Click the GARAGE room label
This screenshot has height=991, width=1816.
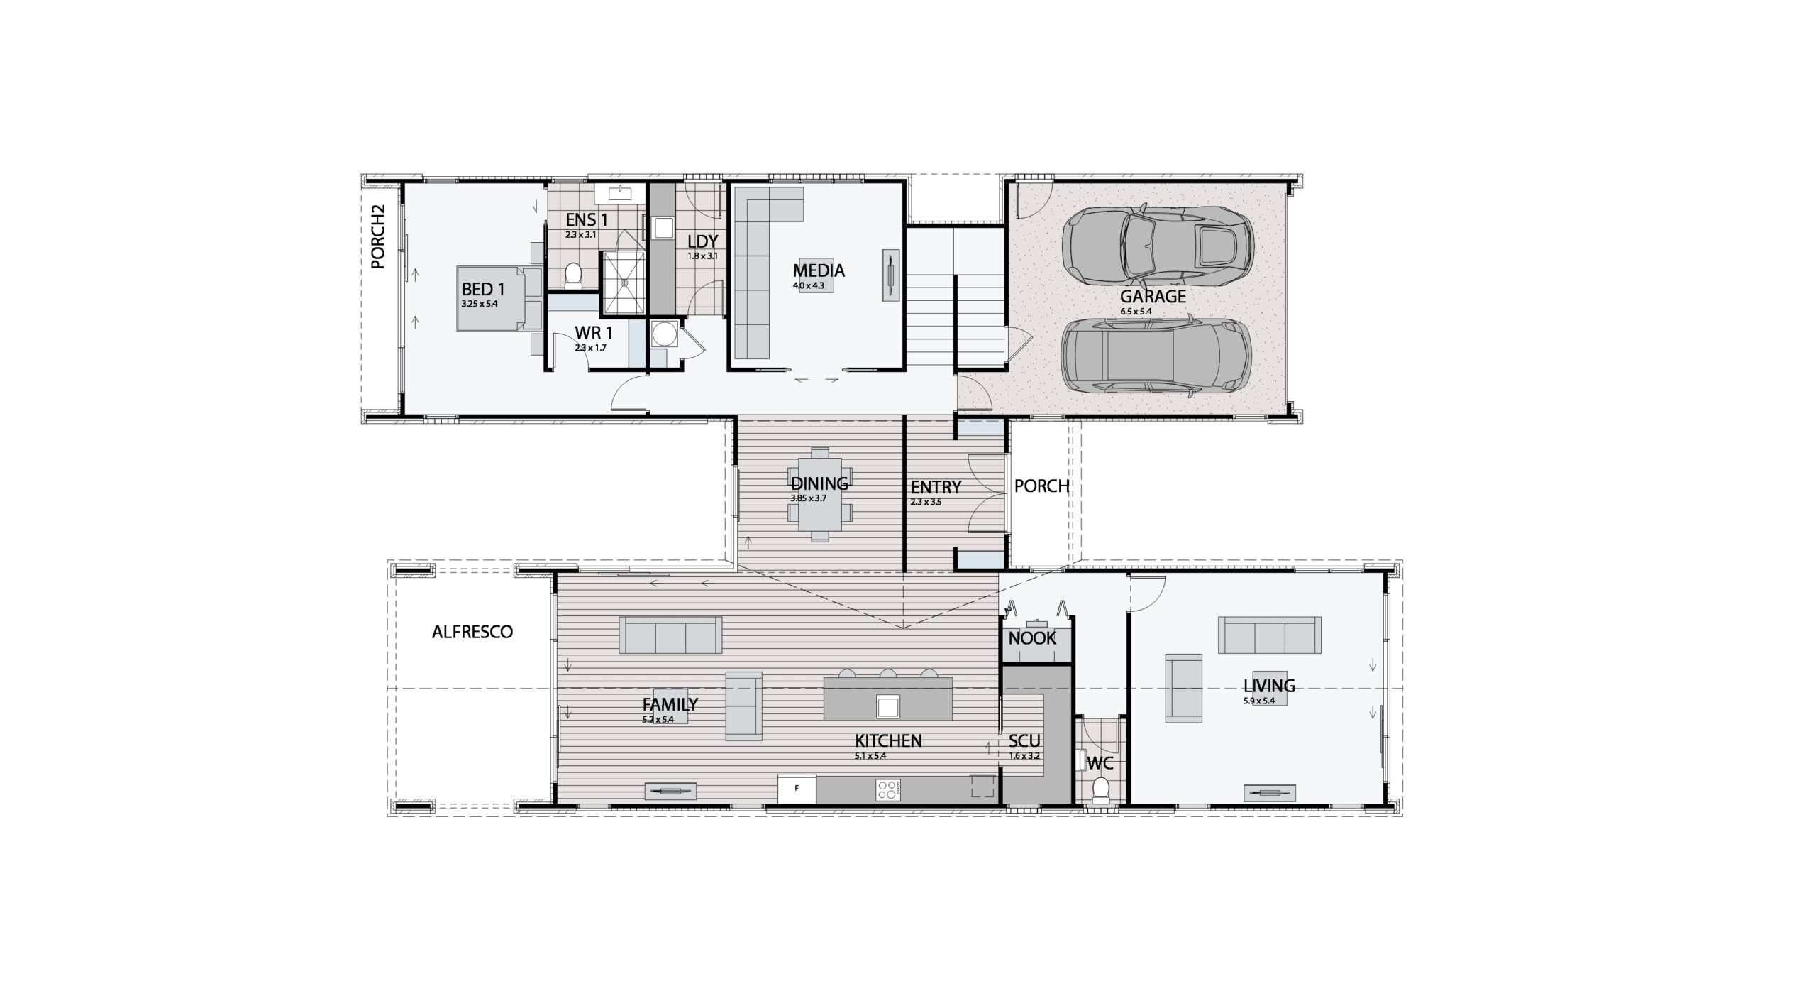pos(1153,296)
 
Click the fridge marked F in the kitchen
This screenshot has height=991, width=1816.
pos(797,789)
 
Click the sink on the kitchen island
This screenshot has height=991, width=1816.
pos(887,706)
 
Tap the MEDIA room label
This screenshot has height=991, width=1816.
pos(819,270)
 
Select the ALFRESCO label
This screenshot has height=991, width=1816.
pos(472,632)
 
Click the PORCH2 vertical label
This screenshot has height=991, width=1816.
pos(378,236)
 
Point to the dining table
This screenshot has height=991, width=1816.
pos(819,497)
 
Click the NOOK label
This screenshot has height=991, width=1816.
pos(1032,638)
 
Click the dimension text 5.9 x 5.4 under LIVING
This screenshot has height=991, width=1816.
pos(1259,701)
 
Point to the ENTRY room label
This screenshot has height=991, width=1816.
pos(936,488)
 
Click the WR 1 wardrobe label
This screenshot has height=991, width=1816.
pos(594,332)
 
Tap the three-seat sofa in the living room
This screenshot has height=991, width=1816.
pos(1269,635)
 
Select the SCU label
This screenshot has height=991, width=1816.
pos(1024,742)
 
